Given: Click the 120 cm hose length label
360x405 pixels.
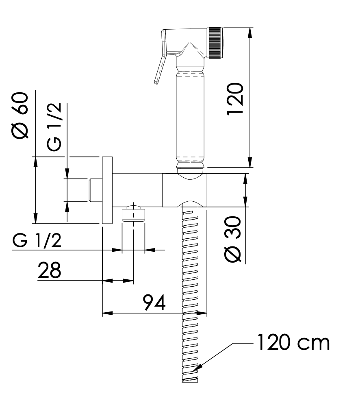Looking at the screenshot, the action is (294, 342).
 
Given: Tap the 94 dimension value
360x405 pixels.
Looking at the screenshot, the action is (154, 302).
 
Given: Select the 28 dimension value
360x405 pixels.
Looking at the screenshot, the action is (49, 270).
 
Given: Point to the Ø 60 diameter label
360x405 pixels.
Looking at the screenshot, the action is (20, 115).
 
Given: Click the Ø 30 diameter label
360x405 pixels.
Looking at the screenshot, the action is (233, 240).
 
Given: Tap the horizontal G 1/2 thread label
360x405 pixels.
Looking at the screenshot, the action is (37, 240).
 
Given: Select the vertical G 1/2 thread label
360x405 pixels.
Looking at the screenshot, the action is (54, 127).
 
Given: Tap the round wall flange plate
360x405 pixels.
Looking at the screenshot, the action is (107, 190).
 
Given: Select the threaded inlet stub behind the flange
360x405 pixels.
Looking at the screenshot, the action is (95, 190).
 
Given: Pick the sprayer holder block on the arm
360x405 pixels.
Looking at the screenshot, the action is (184, 190).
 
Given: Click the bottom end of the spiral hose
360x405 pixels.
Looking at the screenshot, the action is (190, 381).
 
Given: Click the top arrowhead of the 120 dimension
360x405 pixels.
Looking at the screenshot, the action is (249, 33).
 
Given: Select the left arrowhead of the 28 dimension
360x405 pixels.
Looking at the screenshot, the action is (108, 281).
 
